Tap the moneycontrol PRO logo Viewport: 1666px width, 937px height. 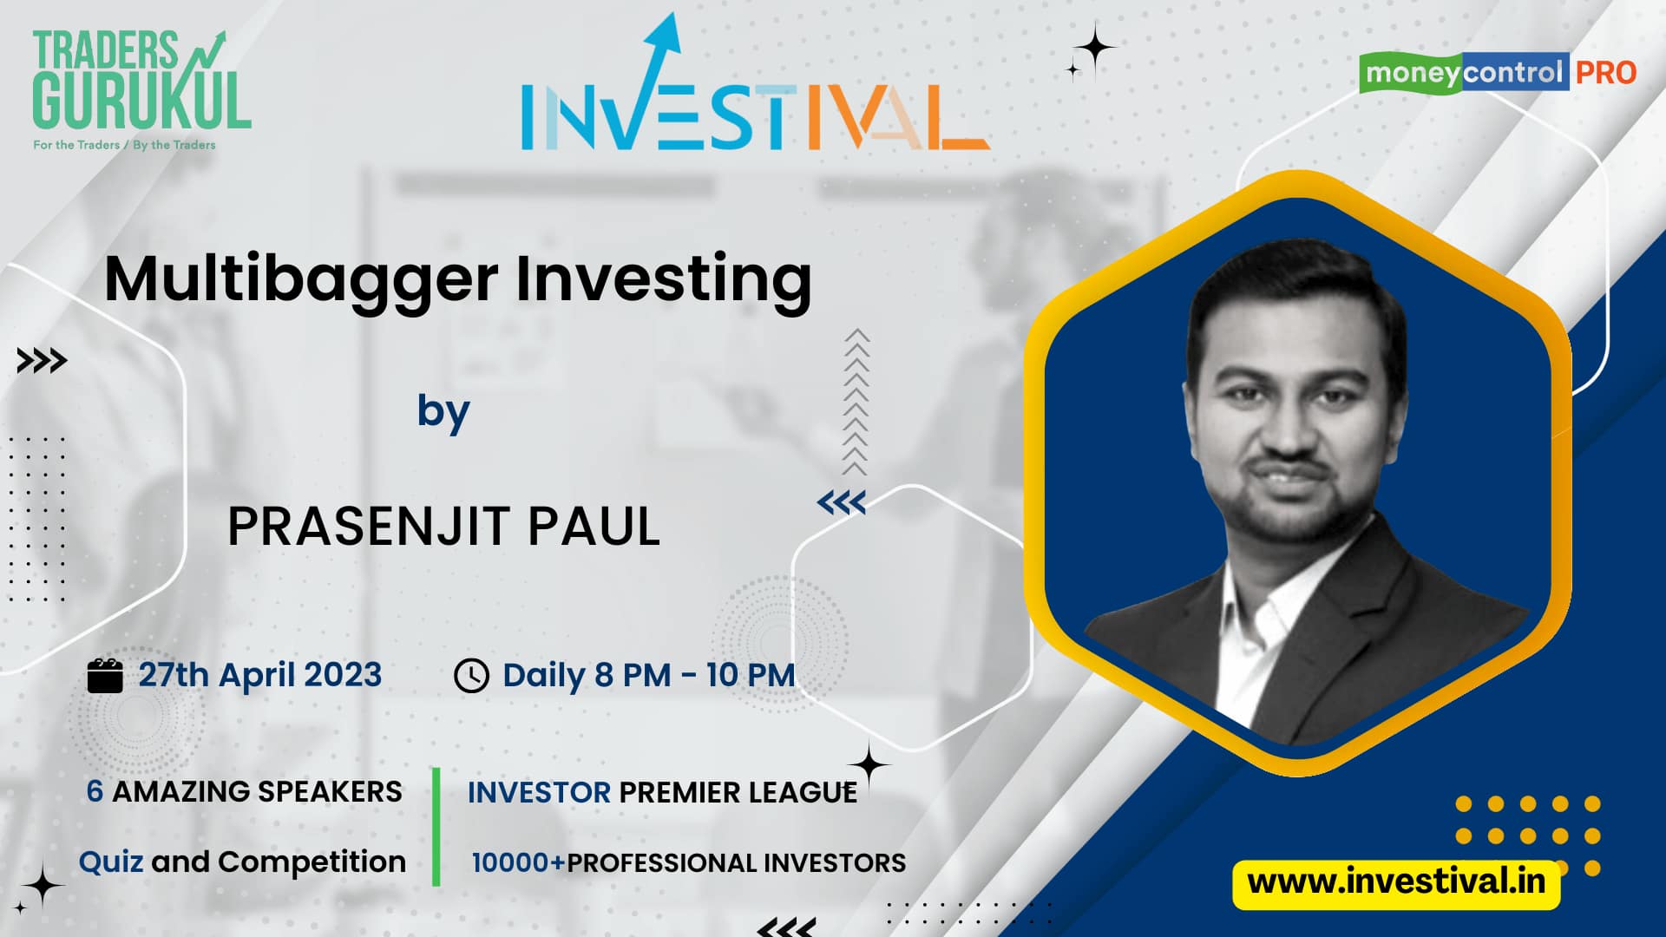coord(1498,72)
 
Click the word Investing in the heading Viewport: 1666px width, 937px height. coord(664,281)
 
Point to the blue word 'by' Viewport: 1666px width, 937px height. coord(443,412)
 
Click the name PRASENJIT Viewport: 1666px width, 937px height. coord(368,526)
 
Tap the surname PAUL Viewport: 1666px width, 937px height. coord(594,526)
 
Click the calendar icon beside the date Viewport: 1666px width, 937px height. coord(105,675)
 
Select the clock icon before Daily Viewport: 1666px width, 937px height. coord(471,676)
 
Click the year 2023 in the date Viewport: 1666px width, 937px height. coord(342,675)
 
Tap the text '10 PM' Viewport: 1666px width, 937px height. coord(751,675)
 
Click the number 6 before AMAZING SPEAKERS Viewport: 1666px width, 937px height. coord(95,791)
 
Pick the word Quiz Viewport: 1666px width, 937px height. coord(111,862)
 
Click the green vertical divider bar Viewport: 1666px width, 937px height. coord(436,827)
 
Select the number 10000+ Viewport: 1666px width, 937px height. coord(518,862)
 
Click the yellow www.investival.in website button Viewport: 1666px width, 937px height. coord(1396,883)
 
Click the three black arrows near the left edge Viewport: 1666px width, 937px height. coord(42,361)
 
